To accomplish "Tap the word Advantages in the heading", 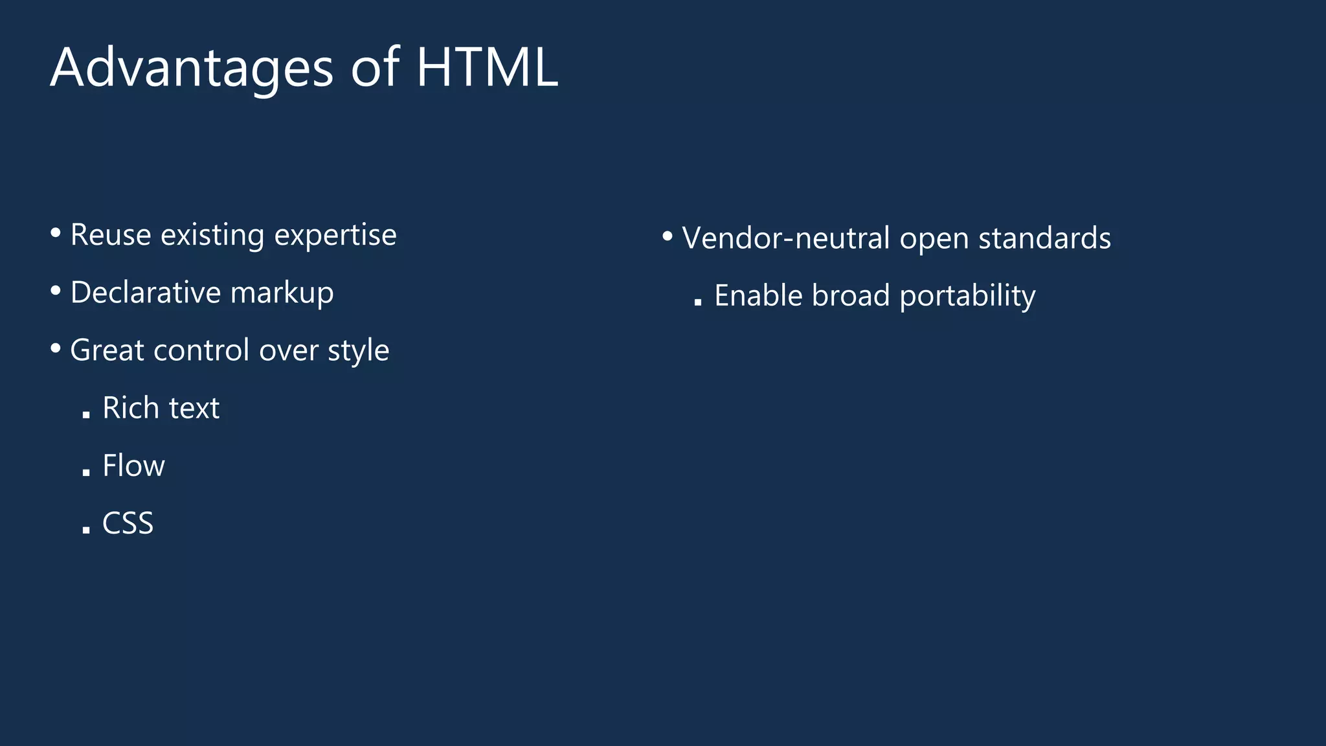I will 192,69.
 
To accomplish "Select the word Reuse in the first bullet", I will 111,234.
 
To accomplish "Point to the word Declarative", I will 145,292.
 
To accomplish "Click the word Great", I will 107,350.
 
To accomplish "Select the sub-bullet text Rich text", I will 161,408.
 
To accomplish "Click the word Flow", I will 133,466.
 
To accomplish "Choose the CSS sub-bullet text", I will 128,523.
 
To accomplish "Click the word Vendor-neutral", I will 785,238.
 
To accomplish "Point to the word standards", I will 1044,238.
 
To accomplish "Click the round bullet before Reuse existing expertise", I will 56,232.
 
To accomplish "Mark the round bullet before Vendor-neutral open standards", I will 668,236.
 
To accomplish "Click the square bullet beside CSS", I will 86,530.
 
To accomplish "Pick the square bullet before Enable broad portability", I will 697,302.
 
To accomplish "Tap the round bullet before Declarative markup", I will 56,290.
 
